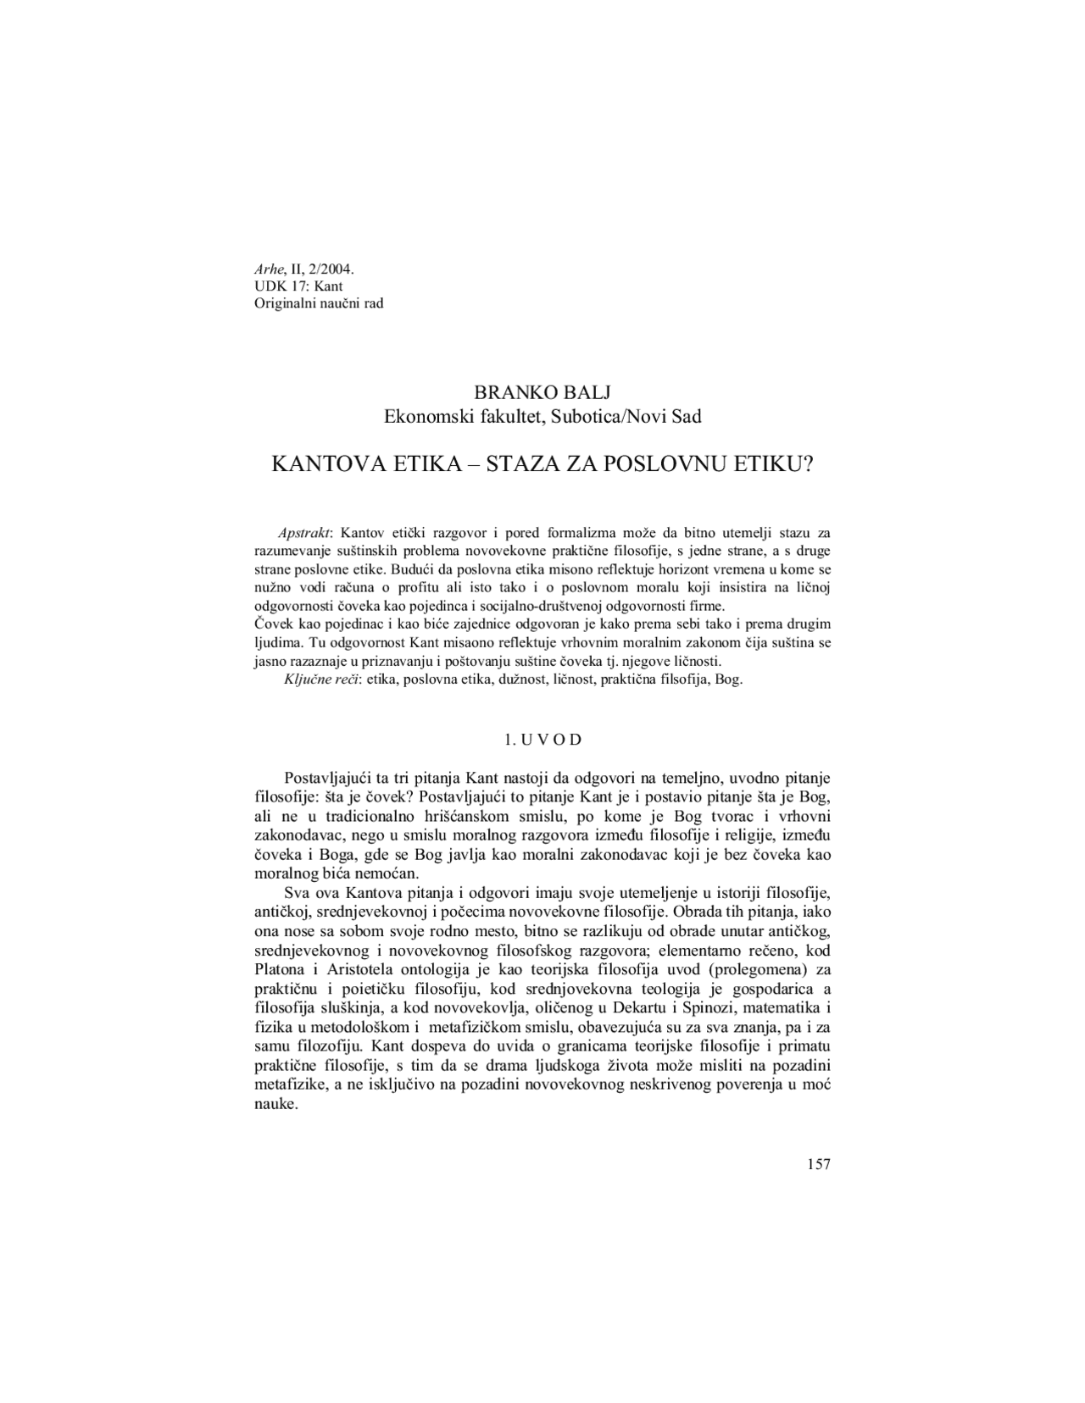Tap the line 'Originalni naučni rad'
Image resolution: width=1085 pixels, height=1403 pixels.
click(x=319, y=302)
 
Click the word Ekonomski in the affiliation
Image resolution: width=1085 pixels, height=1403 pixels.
click(x=421, y=416)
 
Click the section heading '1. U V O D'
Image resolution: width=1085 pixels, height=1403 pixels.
click(x=542, y=740)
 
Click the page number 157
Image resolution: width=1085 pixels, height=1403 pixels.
click(x=818, y=1165)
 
